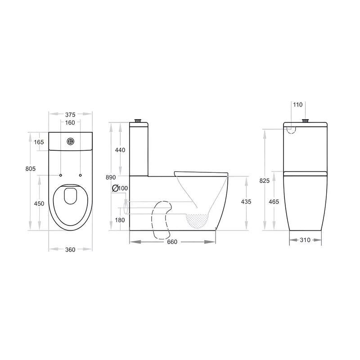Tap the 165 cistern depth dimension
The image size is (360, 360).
point(39,142)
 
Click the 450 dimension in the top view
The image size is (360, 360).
point(39,203)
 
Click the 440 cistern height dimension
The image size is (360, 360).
point(120,150)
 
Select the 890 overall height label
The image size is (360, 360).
point(111,177)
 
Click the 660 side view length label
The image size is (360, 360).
point(172,242)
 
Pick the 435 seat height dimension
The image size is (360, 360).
point(247,201)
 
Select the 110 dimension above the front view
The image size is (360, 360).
point(297,104)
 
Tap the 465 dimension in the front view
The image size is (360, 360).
point(274,202)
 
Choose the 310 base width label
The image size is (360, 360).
point(305,240)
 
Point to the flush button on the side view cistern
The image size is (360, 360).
point(139,121)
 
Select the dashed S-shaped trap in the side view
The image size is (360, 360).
point(162,218)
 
